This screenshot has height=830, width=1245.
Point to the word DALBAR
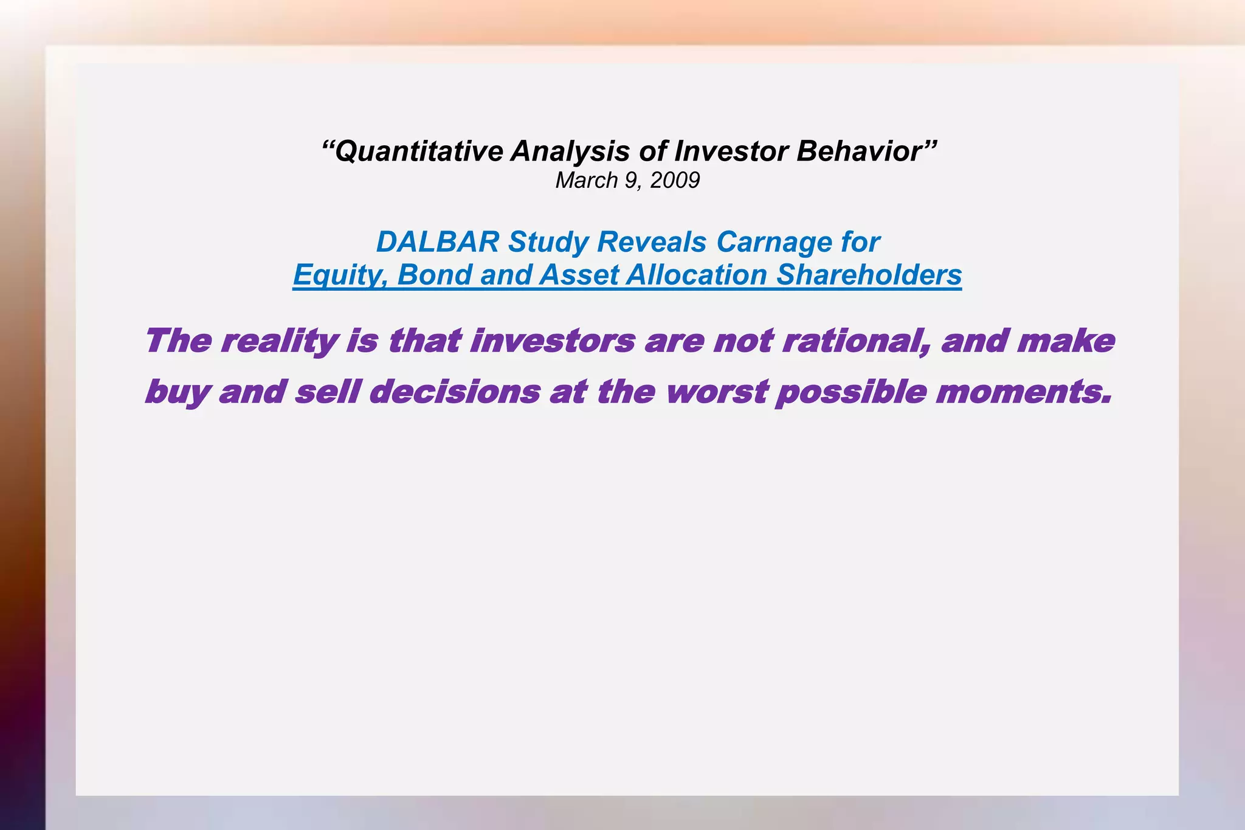tap(438, 243)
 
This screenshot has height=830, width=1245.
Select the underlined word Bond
tap(434, 275)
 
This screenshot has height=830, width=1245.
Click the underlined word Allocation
tap(697, 275)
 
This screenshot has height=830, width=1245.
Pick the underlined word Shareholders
tap(869, 275)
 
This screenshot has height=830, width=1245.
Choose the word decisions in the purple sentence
tap(454, 392)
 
